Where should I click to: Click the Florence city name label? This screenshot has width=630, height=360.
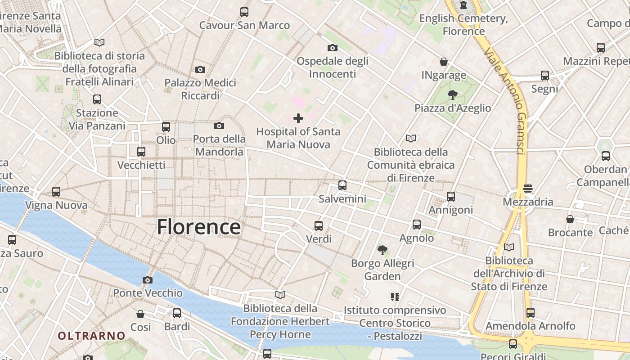click(x=198, y=227)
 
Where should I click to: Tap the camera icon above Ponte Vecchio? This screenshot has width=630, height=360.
click(x=147, y=280)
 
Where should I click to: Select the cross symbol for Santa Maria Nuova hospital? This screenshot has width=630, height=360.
click(x=298, y=118)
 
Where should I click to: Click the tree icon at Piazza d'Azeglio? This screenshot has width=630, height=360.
click(x=452, y=94)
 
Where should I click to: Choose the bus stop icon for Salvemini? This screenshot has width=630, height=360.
click(x=342, y=185)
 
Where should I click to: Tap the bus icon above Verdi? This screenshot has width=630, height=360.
click(x=319, y=225)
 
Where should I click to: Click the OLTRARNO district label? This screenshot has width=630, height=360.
click(x=91, y=336)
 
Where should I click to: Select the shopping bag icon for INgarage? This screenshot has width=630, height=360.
click(x=444, y=62)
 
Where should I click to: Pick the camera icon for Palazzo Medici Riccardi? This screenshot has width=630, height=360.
click(x=200, y=69)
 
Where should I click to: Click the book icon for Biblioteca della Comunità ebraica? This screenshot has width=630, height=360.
click(x=410, y=139)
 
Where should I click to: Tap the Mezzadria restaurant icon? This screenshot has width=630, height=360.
click(x=528, y=188)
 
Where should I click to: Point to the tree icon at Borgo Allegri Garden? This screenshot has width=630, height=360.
click(x=382, y=250)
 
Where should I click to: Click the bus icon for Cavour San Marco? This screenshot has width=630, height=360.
click(x=244, y=12)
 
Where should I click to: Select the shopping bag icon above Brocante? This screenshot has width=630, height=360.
click(x=570, y=219)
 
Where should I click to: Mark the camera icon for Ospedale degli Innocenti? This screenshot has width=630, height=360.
click(x=332, y=48)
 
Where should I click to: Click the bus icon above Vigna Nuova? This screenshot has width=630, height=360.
click(x=56, y=192)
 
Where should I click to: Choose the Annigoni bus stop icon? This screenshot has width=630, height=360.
click(x=451, y=197)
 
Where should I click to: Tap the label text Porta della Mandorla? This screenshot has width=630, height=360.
click(x=220, y=145)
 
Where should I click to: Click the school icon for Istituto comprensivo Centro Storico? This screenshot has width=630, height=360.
click(x=395, y=297)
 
